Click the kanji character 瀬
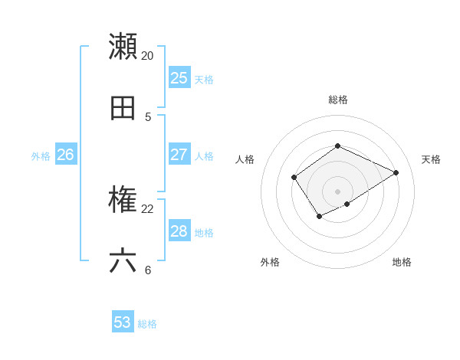pos(123,46)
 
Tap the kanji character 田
pos(123,108)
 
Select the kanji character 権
pos(123,200)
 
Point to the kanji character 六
pos(123,261)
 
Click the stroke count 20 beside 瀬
pos(147,56)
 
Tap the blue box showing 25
pos(179,78)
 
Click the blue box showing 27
pos(179,155)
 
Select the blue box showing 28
pos(179,231)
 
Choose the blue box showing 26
pos(65,155)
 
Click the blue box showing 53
pos(123,322)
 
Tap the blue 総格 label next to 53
pos(147,324)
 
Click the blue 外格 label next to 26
pos(41,156)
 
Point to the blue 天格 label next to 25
pos(204,80)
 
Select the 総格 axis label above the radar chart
pos(337,100)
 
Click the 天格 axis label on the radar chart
pos(431,159)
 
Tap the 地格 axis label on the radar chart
pos(402,262)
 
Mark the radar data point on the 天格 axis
pos(396,172)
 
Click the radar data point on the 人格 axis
pos(294,178)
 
